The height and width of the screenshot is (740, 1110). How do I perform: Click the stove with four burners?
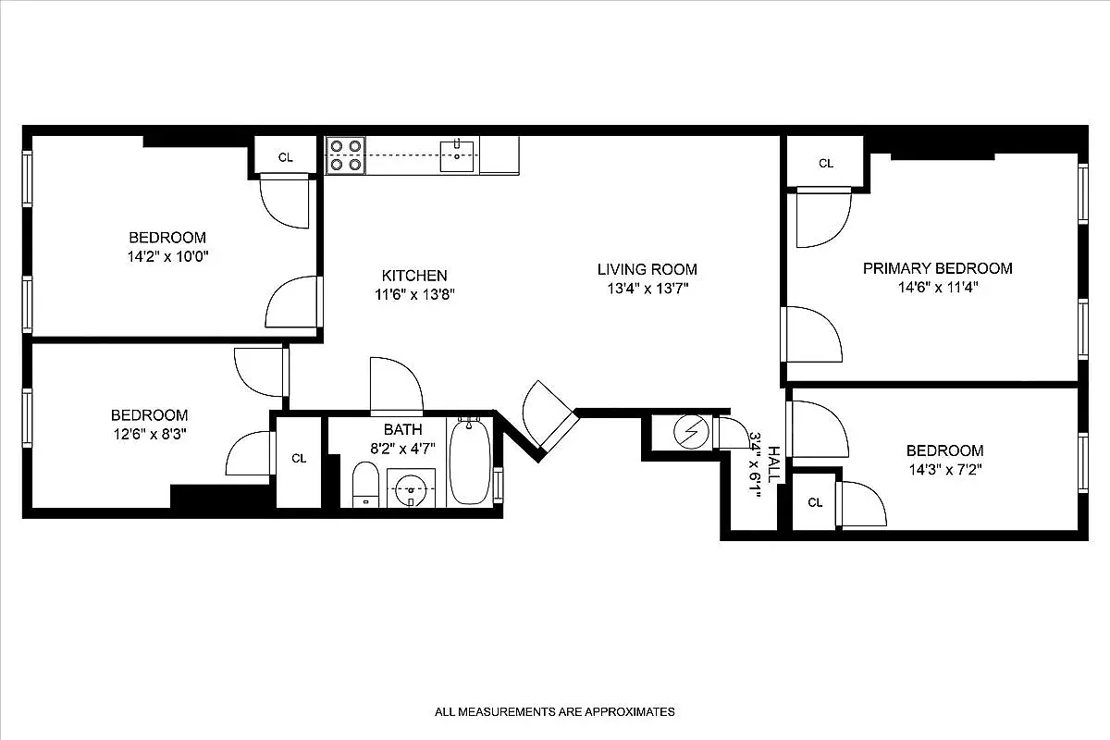pos(345,155)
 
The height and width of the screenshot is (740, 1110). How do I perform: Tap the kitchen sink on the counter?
pos(457,154)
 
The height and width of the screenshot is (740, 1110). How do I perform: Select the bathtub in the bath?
pos(471,462)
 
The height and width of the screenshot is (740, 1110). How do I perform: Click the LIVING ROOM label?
pos(647,269)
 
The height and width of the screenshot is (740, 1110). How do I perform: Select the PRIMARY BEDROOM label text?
pos(937,268)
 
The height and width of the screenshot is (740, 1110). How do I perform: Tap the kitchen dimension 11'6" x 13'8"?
pos(414,294)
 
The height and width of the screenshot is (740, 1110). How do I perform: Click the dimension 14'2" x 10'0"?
pos(166,256)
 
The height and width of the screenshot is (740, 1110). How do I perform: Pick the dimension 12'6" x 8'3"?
pos(149,434)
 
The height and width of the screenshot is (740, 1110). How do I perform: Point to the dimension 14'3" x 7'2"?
pos(943,469)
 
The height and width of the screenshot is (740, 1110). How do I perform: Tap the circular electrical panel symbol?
pos(689,432)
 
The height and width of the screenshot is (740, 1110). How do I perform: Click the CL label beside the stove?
pos(286,157)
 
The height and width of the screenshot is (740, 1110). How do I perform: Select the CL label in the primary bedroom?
pos(825,164)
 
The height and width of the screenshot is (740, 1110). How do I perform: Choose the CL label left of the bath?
pos(299,458)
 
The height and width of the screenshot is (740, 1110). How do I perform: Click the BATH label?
pos(402,429)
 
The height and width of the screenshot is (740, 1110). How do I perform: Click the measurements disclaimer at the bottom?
pos(555,712)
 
